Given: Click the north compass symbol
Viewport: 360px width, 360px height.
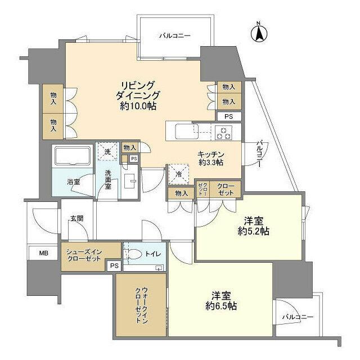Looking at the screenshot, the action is tap(259, 33).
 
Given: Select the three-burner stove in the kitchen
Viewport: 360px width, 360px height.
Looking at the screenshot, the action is tap(223, 133).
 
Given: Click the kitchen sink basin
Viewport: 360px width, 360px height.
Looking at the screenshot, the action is tap(186, 132).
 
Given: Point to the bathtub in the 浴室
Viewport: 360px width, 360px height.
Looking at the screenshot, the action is tap(73, 156).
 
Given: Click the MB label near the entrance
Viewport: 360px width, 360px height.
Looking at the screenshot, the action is tap(44, 253).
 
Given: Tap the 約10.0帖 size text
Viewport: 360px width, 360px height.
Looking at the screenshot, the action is tap(138, 106).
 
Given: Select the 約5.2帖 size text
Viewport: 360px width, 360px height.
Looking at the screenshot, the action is tap(254, 231).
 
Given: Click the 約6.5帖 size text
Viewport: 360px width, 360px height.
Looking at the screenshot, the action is tap(221, 306).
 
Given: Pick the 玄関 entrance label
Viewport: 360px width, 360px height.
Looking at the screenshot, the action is tap(76, 219).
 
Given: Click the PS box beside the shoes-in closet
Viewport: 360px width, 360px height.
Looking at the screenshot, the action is tap(114, 265).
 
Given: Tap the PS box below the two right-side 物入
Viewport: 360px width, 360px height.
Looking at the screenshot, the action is tap(229, 116).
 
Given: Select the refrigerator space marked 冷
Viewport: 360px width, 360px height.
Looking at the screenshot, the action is tap(179, 174).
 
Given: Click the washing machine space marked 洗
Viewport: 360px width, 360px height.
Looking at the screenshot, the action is tap(107, 152).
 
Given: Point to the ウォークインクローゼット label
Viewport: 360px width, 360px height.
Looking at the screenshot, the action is tap(141, 305).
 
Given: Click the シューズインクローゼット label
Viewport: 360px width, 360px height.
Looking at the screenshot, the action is tap(84, 255).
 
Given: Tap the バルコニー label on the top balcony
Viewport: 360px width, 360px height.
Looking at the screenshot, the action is tap(175, 36).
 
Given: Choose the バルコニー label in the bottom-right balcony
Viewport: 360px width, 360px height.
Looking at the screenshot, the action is tap(298, 317).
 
